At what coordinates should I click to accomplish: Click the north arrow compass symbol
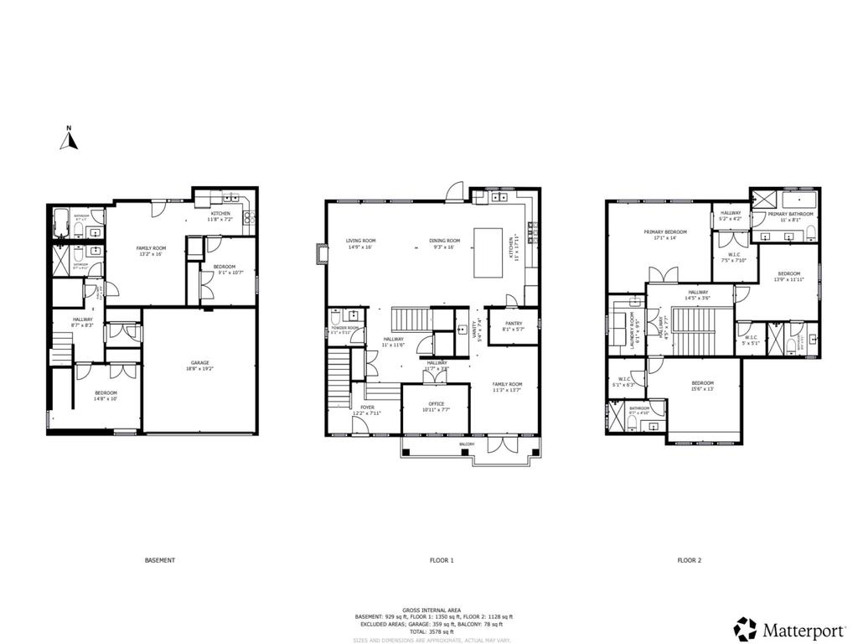click(x=69, y=139)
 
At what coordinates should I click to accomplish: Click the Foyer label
click(x=356, y=408)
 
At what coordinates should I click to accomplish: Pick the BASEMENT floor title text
click(x=159, y=560)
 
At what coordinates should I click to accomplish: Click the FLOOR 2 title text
click(x=690, y=560)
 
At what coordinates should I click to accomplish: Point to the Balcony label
click(x=467, y=444)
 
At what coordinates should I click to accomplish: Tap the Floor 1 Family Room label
click(x=508, y=387)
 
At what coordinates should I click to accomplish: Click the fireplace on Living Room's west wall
click(x=321, y=254)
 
